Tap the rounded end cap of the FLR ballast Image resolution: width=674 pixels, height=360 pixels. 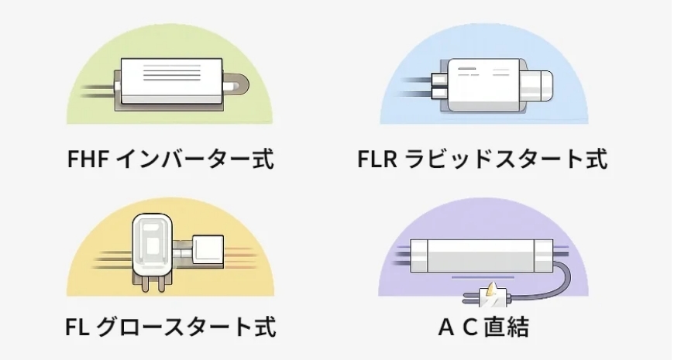pos(542,85)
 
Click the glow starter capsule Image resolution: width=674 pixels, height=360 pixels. pos(153,247)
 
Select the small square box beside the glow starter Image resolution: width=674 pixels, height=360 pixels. pos(208,250)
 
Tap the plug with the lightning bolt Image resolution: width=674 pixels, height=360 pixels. pos(491,297)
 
